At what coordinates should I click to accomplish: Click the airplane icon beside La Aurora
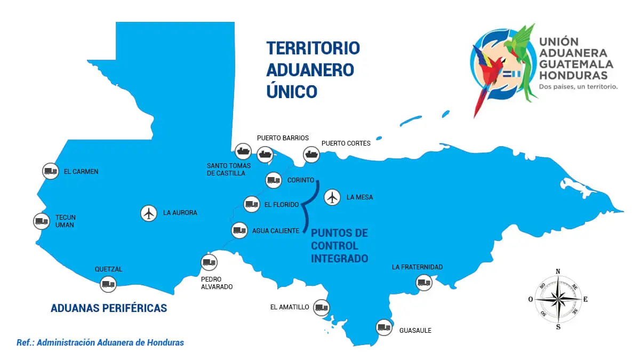pyautogui.click(x=149, y=213)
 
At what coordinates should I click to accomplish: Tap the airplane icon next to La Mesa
pyautogui.click(x=333, y=197)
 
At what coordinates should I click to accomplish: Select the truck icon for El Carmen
pyautogui.click(x=51, y=171)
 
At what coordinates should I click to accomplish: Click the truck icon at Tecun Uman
pyautogui.click(x=41, y=221)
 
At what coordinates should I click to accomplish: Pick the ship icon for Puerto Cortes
pyautogui.click(x=311, y=155)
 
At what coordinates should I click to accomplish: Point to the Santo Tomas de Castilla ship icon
pyautogui.click(x=243, y=151)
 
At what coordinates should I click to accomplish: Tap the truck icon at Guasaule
pyautogui.click(x=384, y=327)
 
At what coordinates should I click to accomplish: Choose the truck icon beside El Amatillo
pyautogui.click(x=322, y=307)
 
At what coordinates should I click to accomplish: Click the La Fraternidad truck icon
pyautogui.click(x=424, y=282)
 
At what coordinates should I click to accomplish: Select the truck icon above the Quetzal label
pyautogui.click(x=108, y=284)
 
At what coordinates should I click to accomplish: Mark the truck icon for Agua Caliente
pyautogui.click(x=239, y=230)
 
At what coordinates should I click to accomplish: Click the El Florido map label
pyautogui.click(x=281, y=204)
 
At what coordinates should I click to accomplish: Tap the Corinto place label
pyautogui.click(x=301, y=180)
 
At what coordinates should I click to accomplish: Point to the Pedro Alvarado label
pyautogui.click(x=217, y=283)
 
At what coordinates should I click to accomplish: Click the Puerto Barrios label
pyautogui.click(x=283, y=138)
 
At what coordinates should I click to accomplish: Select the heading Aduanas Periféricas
pyautogui.click(x=109, y=308)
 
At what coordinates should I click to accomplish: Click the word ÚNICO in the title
pyautogui.click(x=292, y=91)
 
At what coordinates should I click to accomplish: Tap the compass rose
pyautogui.click(x=557, y=299)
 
